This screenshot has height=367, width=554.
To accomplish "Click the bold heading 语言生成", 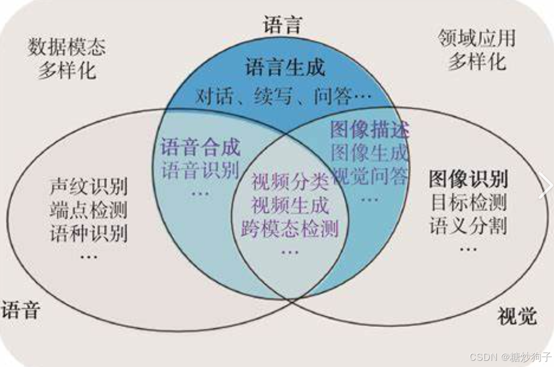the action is pos(285,69).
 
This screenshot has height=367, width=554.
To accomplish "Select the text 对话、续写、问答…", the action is pos(283,96).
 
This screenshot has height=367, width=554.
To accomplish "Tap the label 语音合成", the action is pos(200,147).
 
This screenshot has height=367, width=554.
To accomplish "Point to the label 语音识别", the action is pos(200,170).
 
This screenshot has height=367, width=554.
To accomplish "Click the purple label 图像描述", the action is pos(370,130).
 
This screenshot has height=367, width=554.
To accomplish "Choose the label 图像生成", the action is pos(370,153).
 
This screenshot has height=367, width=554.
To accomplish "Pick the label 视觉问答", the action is pos(370,176).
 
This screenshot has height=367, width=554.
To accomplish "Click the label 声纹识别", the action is pos(88,186).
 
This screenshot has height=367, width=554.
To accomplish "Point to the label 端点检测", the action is pos(88,209).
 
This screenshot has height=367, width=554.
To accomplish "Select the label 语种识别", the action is pos(88,232).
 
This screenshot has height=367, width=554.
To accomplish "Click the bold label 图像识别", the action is pos(468,179).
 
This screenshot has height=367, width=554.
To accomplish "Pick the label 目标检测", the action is pos(468,202).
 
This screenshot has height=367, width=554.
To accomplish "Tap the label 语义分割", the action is pos(468,226).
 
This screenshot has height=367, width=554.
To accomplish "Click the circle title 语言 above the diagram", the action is pos(283,24).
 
